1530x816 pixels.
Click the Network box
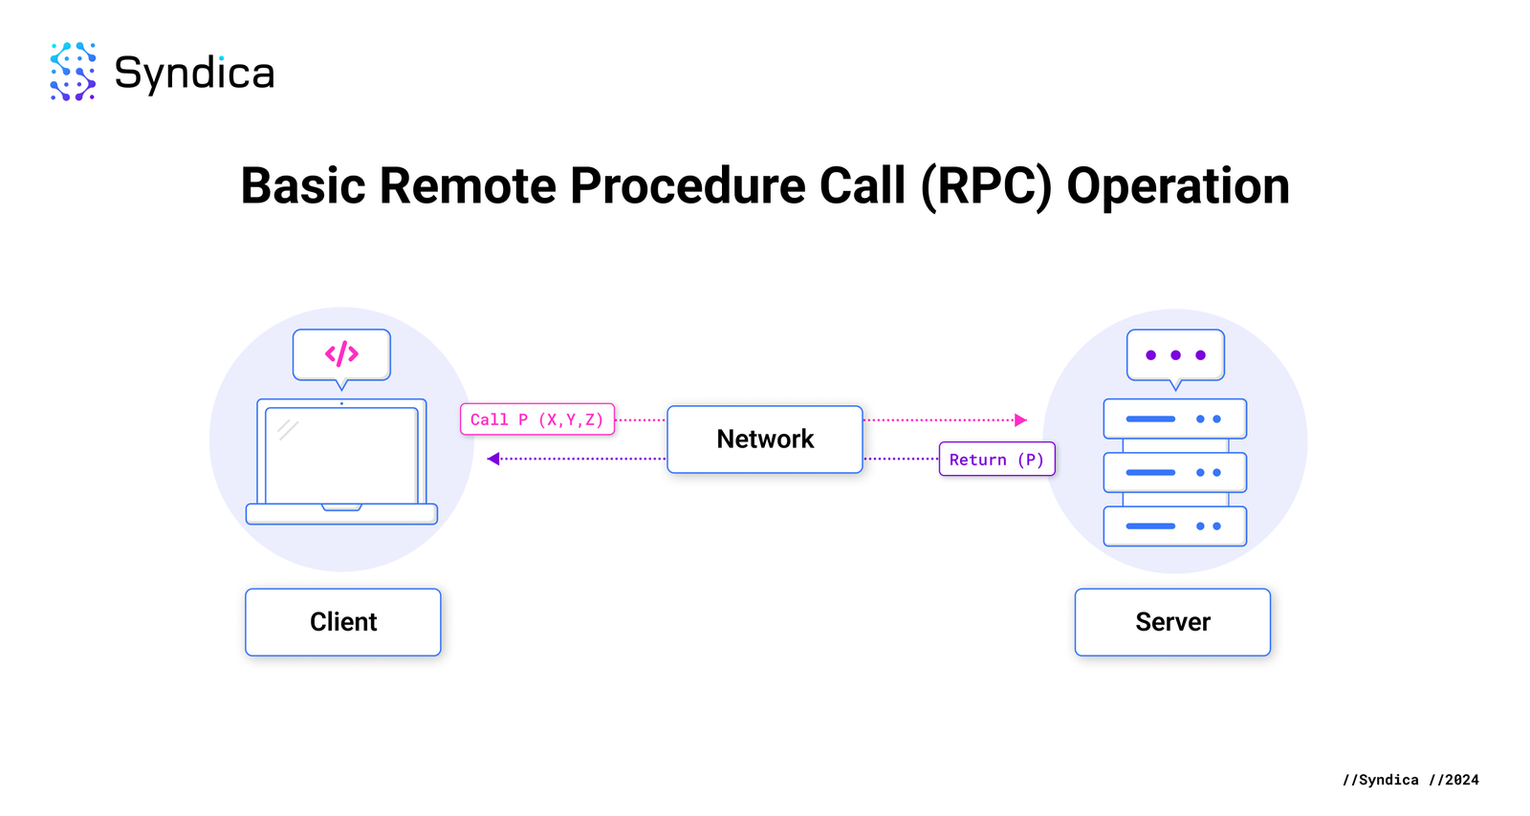pos(765,440)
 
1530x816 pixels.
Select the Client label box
pos(342,622)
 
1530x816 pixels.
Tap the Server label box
pos(1172,622)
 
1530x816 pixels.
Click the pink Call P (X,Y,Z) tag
pos(536,419)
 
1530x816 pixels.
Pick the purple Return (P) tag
pos(996,460)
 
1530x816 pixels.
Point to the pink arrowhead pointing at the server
pos(1020,419)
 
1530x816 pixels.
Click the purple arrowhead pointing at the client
pos(493,459)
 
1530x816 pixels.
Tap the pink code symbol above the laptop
pos(341,354)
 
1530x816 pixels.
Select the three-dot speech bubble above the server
pos(1175,355)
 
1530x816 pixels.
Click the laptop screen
pos(341,456)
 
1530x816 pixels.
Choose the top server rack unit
pos(1174,419)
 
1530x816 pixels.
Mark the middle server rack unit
pos(1174,472)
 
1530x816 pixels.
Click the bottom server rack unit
pos(1174,526)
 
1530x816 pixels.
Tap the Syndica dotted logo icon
pos(73,72)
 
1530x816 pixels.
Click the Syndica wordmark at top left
pos(194,73)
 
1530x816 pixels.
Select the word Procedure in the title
pos(688,185)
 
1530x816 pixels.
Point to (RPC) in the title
pos(986,185)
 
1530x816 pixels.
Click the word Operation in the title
pos(1177,185)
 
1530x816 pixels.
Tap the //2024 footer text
pos(1453,780)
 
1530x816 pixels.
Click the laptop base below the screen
pos(341,514)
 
